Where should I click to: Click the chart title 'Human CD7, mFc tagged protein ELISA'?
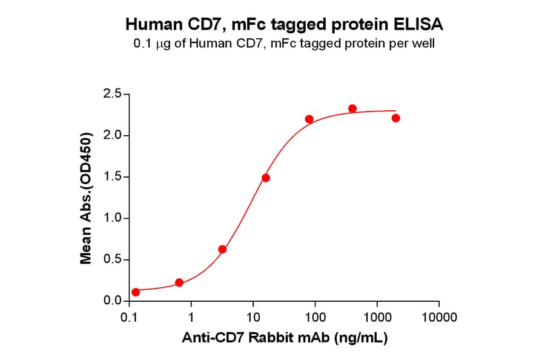(284, 25)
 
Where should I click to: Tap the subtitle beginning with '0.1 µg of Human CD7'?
(284, 44)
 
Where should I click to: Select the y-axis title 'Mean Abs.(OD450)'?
(86, 198)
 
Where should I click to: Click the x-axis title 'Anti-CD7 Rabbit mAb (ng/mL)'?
(285, 338)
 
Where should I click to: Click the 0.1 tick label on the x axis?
(128, 317)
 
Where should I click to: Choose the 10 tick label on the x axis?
(253, 317)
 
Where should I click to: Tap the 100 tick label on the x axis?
(315, 317)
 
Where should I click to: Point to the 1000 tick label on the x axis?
(377, 317)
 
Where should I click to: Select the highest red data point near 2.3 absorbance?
(352, 108)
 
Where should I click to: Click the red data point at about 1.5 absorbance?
(266, 178)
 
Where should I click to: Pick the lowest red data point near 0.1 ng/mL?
(136, 292)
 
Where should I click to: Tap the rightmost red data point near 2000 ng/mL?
(395, 118)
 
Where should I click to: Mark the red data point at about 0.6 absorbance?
(222, 249)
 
